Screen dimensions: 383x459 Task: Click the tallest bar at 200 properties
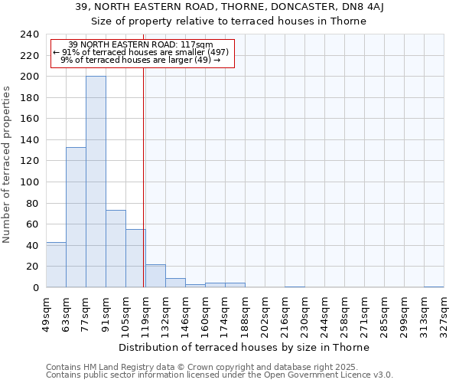[x=96, y=182]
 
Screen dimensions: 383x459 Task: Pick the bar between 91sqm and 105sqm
[x=116, y=248]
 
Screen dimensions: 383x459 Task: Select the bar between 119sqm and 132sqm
[x=155, y=276]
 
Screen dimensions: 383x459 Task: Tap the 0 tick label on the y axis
[x=35, y=288]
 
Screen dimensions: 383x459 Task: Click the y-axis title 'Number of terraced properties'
[x=8, y=164]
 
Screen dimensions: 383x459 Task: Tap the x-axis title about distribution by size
[x=244, y=347]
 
